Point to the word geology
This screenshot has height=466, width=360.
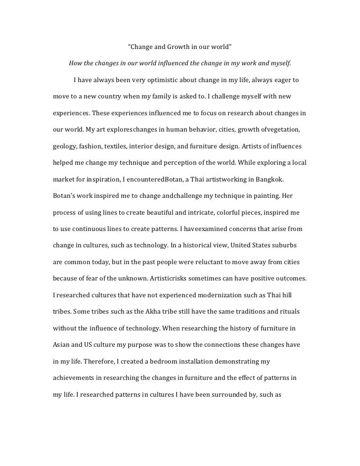pos(65,146)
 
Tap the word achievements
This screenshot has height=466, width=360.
pos(74,378)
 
